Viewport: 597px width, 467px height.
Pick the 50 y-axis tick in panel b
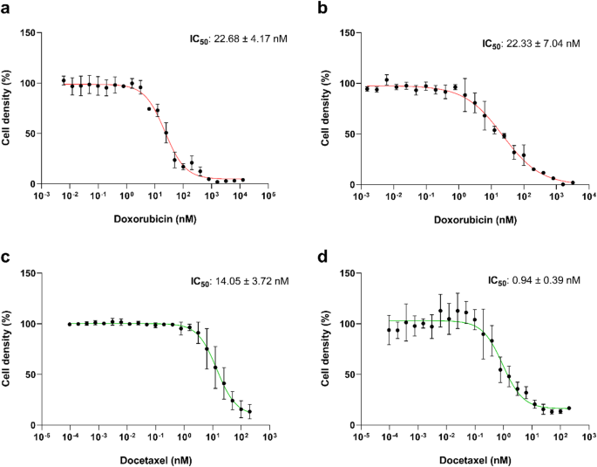pyautogui.click(x=348, y=134)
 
